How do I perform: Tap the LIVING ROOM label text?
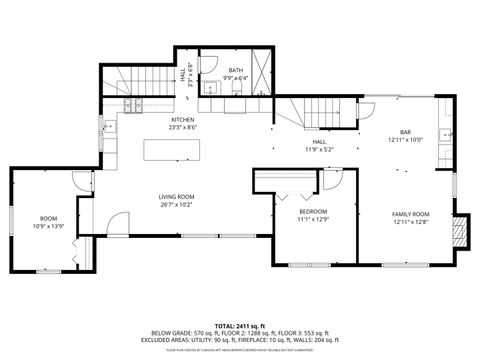pos(176,197)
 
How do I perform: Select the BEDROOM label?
pos(312,212)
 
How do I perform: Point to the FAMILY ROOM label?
pos(410,214)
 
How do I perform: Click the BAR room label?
pos(405,132)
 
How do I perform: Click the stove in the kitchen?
pos(135,105)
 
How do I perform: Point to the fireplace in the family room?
pos(459,233)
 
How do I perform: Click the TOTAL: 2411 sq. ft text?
pos(239,326)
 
